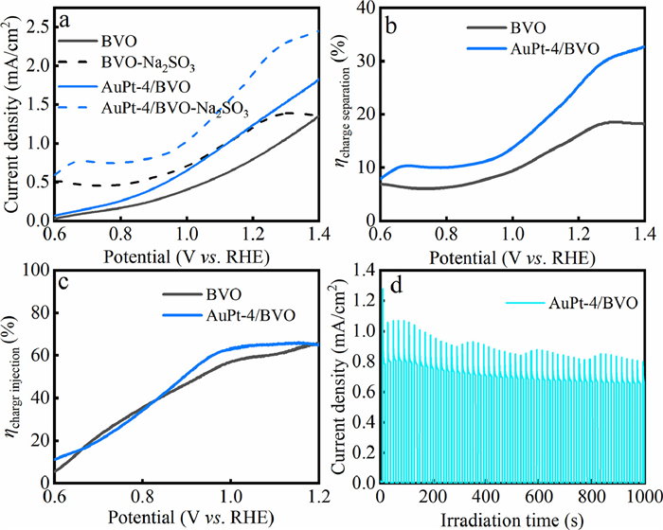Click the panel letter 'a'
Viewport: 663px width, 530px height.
tap(66, 18)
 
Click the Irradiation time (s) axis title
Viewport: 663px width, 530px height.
tap(512, 519)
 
